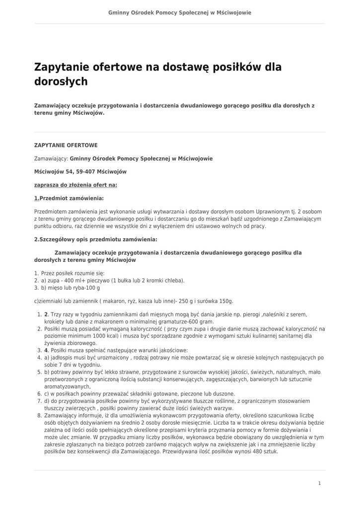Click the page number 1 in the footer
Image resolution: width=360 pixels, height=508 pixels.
(x=319, y=483)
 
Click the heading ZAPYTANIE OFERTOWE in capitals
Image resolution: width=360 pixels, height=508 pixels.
(x=66, y=145)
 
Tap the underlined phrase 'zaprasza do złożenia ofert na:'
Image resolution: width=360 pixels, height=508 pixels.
(x=75, y=185)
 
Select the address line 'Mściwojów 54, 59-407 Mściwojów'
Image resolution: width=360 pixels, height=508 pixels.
(x=80, y=172)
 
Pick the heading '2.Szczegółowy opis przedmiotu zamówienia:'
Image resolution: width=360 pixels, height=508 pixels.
(x=95, y=239)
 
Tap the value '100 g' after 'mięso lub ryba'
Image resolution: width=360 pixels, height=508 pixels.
(x=93, y=288)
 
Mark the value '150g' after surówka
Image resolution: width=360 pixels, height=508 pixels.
(x=225, y=301)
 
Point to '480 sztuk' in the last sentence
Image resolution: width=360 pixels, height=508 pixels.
(x=266, y=451)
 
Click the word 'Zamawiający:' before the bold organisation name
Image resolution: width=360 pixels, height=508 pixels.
(x=51, y=159)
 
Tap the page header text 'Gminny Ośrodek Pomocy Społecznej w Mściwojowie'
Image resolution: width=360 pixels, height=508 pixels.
(x=180, y=12)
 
